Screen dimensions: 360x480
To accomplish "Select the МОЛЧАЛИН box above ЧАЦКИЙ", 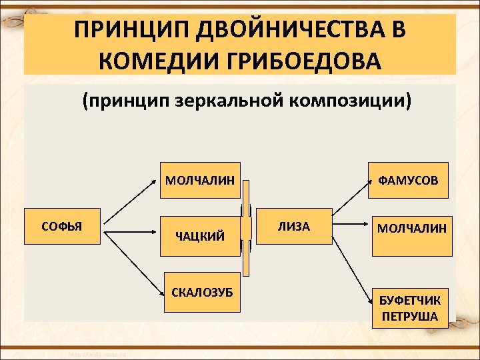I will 199,179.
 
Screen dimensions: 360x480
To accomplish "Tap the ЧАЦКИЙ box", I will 199,235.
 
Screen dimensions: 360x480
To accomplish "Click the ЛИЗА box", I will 294,227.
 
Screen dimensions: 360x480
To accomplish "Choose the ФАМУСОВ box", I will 408,180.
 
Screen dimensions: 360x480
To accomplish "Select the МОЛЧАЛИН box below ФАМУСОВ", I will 411,236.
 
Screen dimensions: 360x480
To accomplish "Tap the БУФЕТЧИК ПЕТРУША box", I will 410,308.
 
